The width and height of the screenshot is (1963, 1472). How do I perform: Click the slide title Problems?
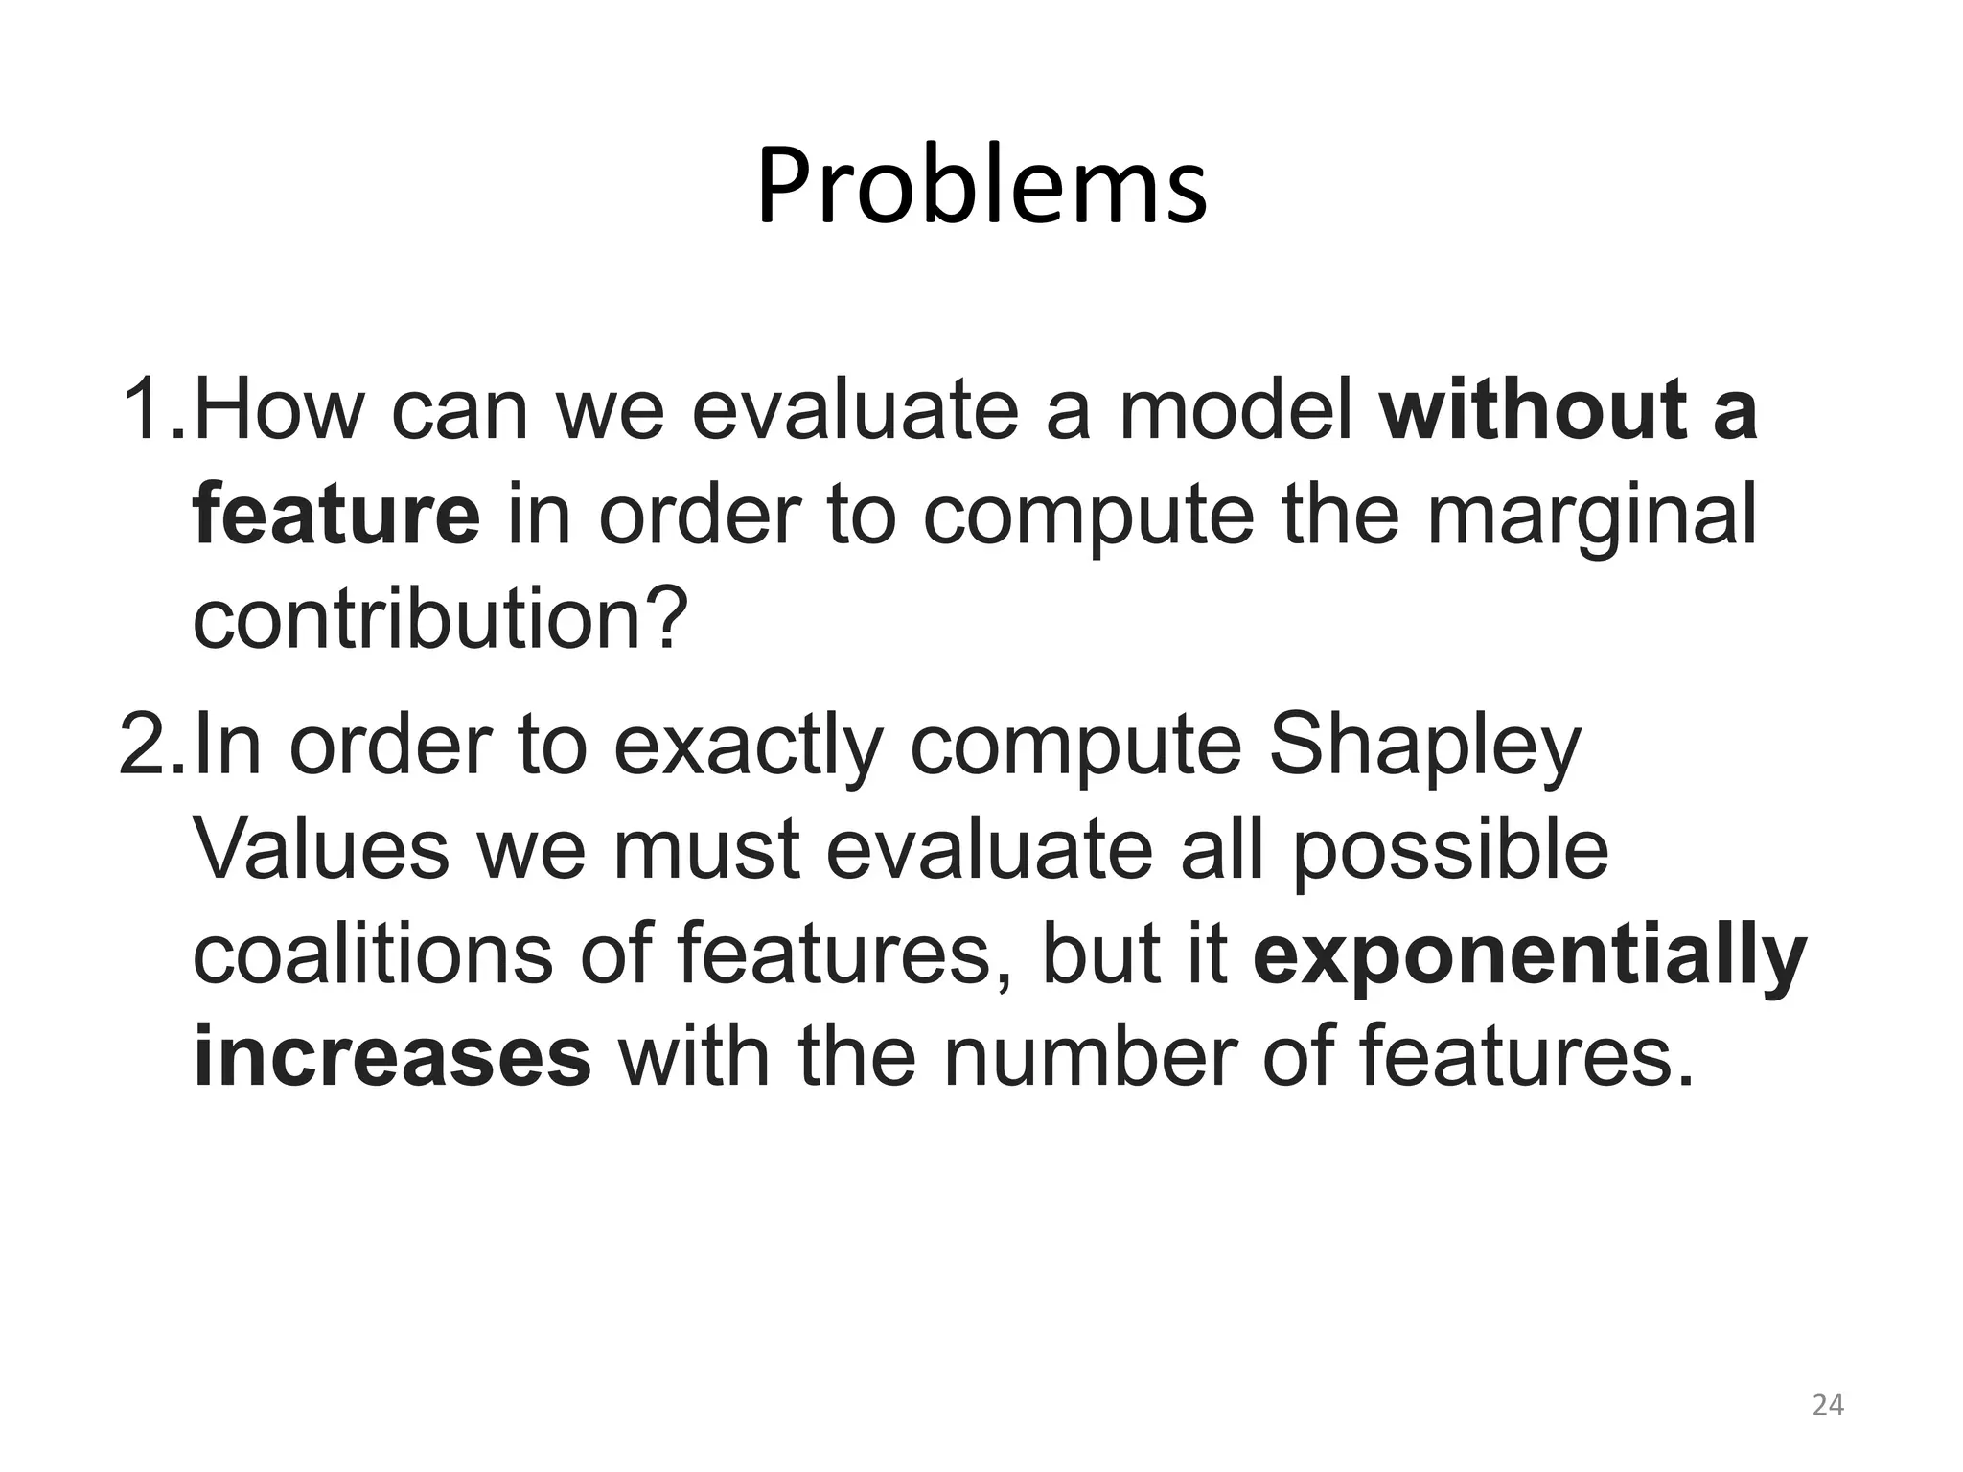pyautogui.click(x=981, y=187)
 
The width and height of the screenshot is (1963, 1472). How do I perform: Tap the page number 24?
pyautogui.click(x=1828, y=1405)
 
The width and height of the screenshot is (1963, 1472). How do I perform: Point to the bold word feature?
pyautogui.click(x=335, y=515)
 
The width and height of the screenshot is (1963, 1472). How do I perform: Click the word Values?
pyautogui.click(x=321, y=850)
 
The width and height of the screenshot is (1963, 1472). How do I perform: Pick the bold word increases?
pyautogui.click(x=391, y=1057)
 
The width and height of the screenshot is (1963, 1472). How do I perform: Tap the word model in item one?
pyautogui.click(x=1236, y=410)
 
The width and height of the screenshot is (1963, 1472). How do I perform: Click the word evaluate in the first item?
pyautogui.click(x=853, y=410)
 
